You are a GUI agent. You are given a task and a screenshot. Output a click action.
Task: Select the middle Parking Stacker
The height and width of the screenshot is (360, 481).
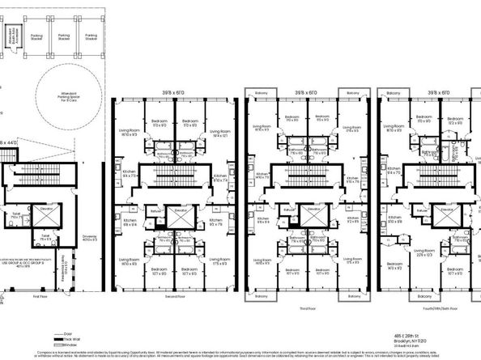pyautogui.click(x=63, y=36)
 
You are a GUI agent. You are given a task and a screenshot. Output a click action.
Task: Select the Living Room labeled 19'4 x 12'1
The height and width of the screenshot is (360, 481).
pyautogui.click(x=219, y=136)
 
